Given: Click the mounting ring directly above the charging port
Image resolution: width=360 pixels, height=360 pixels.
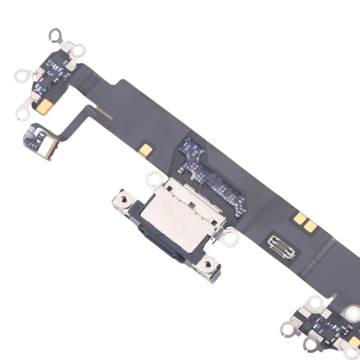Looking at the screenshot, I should tap(155, 178).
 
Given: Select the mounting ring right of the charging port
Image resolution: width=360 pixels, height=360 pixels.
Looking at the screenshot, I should tap(230, 235).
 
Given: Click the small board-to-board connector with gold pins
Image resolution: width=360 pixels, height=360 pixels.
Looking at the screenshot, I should tap(282, 244).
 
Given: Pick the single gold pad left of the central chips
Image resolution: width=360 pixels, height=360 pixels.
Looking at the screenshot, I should tap(148, 148).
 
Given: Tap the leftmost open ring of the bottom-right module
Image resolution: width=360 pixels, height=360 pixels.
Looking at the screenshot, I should tap(288, 329).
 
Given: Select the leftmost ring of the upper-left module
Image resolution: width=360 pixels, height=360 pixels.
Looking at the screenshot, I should tap(21, 75).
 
